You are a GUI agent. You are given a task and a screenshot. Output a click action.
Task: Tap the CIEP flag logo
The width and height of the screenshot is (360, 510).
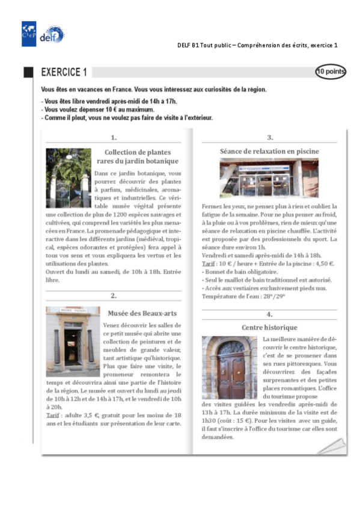point(29,34)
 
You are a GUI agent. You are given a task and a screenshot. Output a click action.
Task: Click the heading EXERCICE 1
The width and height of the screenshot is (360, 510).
point(64,73)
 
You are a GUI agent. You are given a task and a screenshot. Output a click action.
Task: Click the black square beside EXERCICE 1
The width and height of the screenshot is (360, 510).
point(28,73)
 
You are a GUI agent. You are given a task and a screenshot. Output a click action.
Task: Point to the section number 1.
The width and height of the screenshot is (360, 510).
point(114,138)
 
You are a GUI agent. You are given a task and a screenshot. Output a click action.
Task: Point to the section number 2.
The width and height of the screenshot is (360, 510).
point(114,296)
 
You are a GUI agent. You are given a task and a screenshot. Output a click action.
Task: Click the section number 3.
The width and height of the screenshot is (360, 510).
point(270,138)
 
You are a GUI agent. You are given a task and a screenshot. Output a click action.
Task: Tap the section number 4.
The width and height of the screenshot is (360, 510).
point(270,314)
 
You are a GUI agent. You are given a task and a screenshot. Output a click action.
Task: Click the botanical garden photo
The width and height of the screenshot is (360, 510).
point(69,178)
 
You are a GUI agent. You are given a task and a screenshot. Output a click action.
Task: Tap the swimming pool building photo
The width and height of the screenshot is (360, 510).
point(269,178)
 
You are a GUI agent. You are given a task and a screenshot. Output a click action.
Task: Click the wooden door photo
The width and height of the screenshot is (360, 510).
point(230,367)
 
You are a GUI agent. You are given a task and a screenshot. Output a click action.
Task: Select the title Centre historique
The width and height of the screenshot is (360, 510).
point(269,328)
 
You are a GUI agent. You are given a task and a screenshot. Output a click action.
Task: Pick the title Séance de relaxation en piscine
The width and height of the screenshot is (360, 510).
point(269,152)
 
